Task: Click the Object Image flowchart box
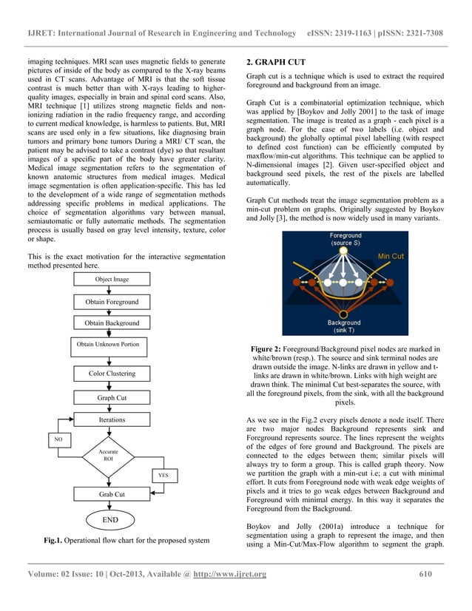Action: [x=111, y=280]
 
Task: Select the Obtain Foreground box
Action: [x=111, y=302]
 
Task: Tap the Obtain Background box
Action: [x=111, y=323]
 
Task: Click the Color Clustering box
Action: [x=111, y=374]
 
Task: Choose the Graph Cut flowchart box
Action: [x=111, y=397]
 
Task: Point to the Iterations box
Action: [x=111, y=419]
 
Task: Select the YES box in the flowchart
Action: [x=163, y=474]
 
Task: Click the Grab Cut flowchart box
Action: [x=111, y=493]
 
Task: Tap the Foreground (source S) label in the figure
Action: [x=345, y=240]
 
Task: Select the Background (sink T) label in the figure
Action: [x=345, y=326]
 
